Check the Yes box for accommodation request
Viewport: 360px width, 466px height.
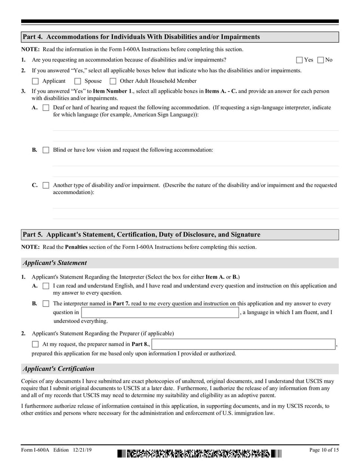coord(300,60)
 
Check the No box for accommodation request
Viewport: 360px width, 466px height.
coord(320,60)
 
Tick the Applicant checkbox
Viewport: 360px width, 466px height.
coord(36,81)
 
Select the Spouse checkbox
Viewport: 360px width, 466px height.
coord(77,81)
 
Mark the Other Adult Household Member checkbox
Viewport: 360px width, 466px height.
coord(113,81)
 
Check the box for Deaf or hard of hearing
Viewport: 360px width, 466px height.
coord(46,108)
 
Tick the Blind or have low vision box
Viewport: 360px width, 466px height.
coord(46,150)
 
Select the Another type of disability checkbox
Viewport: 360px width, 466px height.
coord(46,185)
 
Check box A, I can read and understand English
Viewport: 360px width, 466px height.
coord(46,286)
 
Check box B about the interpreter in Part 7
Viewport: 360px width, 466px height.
coord(46,304)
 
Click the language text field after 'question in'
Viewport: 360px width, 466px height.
coord(159,312)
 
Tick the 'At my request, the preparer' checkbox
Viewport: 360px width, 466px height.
coord(36,344)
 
